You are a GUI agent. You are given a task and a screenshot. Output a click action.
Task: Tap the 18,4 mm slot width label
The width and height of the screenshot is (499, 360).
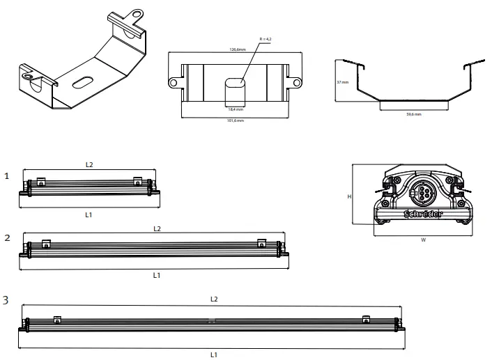[x=236, y=109]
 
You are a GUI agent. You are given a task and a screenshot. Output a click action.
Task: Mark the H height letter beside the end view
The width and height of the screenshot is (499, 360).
[x=349, y=196]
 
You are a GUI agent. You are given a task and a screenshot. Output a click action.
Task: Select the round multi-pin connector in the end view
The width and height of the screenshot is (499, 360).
[x=422, y=191]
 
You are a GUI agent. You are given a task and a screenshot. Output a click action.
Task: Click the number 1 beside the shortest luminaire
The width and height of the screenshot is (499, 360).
[x=7, y=177]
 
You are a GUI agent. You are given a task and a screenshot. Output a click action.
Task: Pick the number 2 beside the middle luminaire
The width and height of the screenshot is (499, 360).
[x=7, y=237]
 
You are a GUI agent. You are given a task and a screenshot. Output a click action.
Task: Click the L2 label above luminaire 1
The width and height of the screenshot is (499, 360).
[x=89, y=165]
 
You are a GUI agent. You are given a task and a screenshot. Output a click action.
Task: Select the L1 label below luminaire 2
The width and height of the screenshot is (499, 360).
[x=157, y=275]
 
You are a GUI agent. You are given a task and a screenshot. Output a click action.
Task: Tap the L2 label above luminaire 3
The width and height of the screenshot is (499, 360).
[x=214, y=299]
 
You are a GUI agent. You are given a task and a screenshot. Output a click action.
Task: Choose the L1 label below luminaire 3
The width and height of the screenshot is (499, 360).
[x=214, y=354]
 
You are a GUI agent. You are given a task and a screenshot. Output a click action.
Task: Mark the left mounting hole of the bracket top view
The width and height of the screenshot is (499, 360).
[x=172, y=84]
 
